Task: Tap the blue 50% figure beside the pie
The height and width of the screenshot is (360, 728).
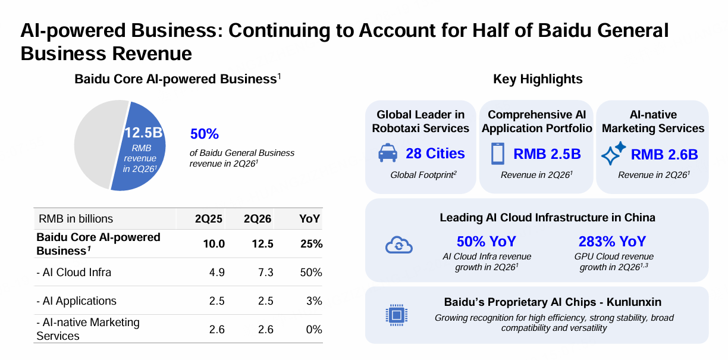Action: [x=205, y=134]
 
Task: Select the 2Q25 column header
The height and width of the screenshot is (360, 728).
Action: [x=208, y=219]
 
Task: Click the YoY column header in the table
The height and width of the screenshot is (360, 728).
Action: [x=309, y=219]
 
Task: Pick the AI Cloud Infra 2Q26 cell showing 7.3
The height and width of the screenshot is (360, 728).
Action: [x=265, y=273]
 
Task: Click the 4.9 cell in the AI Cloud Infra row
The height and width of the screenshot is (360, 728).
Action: [x=216, y=273]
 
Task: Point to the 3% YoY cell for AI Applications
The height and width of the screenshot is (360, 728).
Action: [x=314, y=301]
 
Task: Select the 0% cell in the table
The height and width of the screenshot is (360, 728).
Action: [x=314, y=330]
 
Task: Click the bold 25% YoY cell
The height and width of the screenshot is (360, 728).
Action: [x=311, y=244]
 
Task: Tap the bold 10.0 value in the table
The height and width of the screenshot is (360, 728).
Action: [x=214, y=244]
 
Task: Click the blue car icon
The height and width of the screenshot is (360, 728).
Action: [x=388, y=152]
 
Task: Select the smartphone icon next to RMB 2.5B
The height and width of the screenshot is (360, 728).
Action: [x=498, y=154]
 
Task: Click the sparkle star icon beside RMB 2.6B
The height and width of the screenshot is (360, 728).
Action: [x=613, y=153]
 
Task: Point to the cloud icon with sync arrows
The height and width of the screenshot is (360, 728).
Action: [x=398, y=245]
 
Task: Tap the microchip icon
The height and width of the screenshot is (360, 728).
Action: [x=397, y=315]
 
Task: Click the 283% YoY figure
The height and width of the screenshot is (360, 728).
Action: [x=612, y=242]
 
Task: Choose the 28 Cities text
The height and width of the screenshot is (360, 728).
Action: [x=435, y=154]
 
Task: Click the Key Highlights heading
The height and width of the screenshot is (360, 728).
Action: [x=538, y=79]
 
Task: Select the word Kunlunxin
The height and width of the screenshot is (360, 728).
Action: [x=634, y=302]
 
